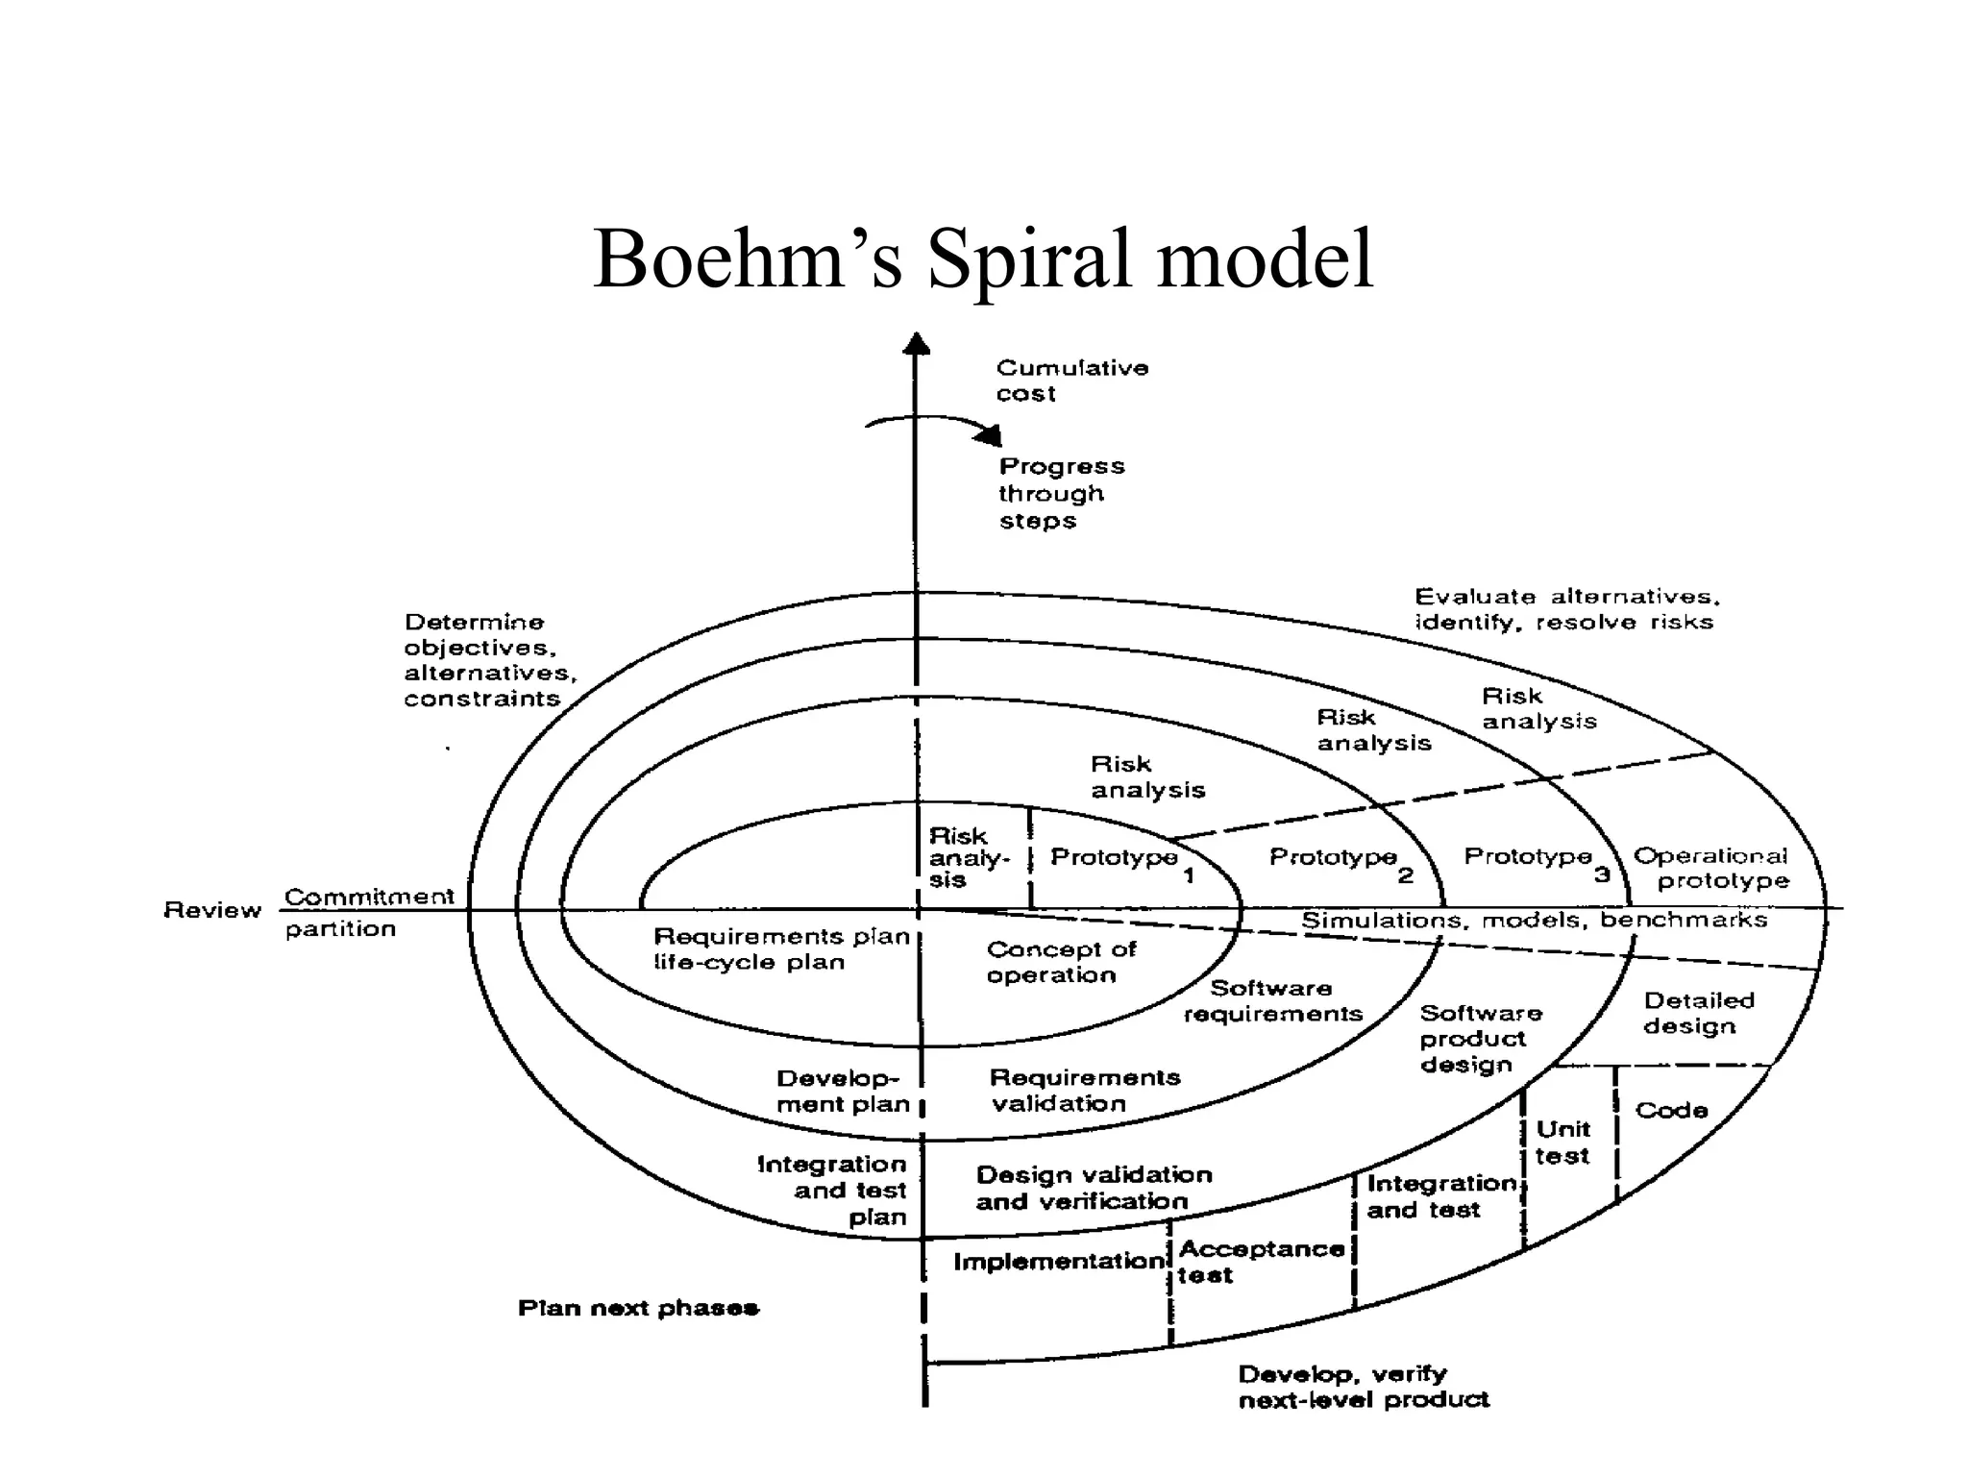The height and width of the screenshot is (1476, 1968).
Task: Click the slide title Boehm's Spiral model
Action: (983, 259)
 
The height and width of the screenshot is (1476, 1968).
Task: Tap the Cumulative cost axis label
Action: (1070, 381)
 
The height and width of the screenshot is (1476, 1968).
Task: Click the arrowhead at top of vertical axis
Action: (917, 343)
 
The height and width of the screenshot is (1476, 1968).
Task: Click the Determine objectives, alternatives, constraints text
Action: (489, 660)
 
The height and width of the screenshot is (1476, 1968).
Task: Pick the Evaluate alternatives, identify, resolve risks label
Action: (1566, 609)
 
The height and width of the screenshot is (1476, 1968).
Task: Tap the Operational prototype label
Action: (1712, 868)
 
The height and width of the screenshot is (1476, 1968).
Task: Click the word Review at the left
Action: (212, 910)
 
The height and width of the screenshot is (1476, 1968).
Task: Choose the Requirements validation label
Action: (1084, 1090)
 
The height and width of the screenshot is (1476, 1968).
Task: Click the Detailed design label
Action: (1697, 1013)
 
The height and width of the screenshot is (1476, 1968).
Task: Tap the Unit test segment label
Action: (1562, 1142)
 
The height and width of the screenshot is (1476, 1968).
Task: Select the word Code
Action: (1671, 1110)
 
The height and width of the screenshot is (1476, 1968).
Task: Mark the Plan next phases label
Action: (638, 1308)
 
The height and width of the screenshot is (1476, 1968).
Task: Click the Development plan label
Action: (843, 1091)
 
